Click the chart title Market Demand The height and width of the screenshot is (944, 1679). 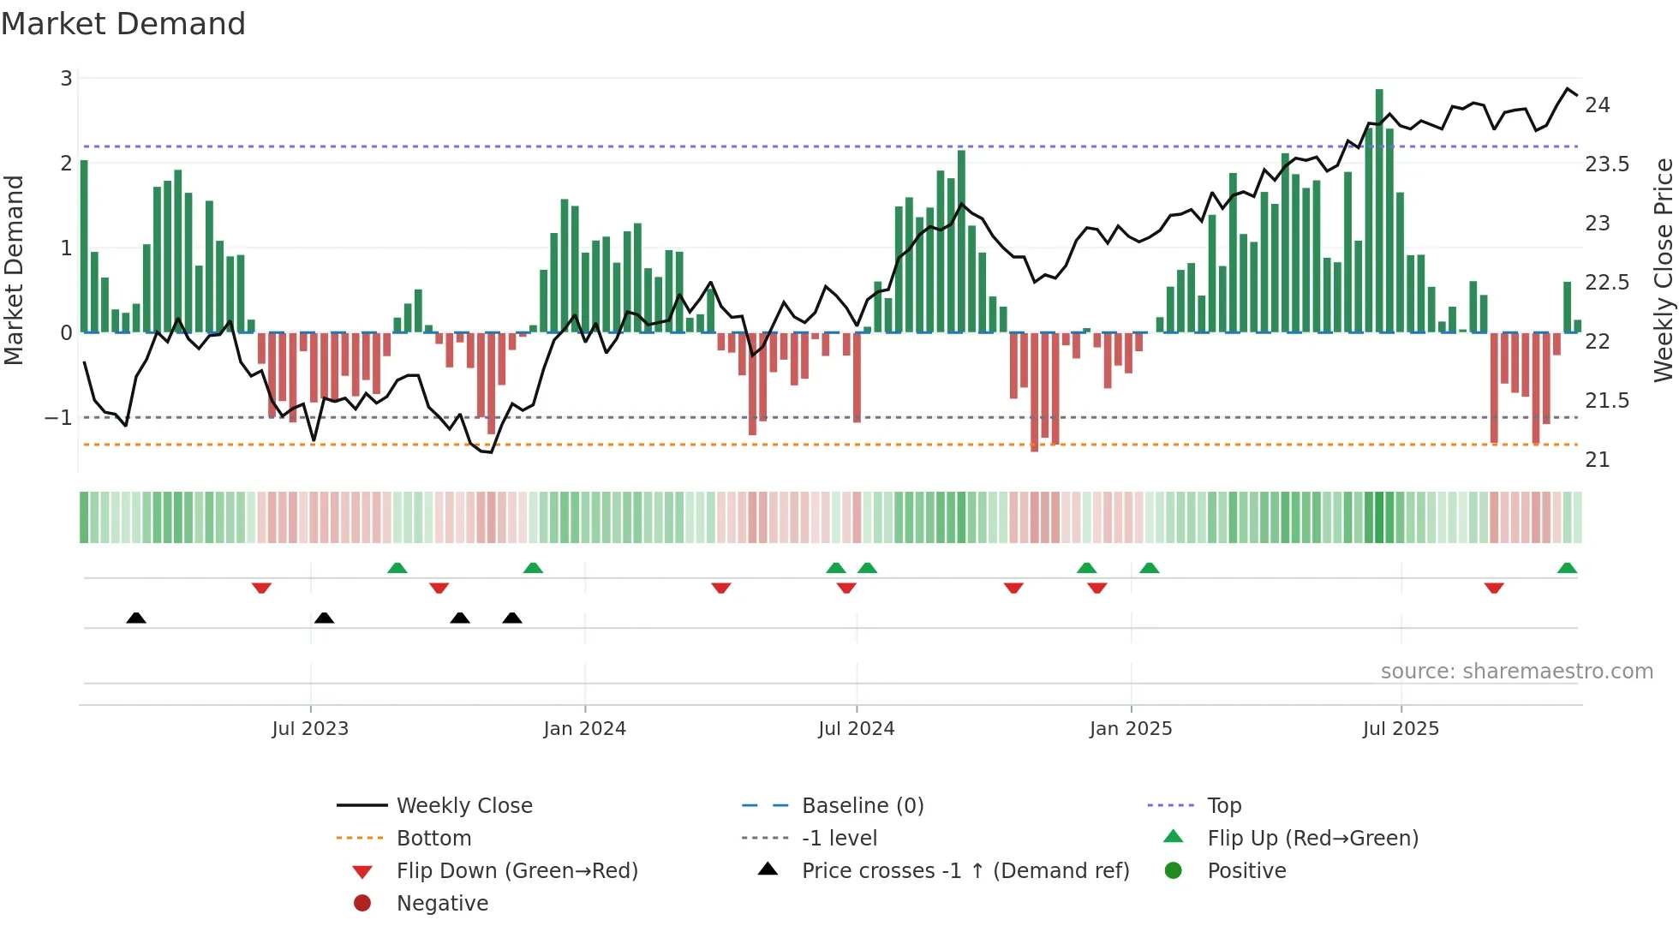[123, 24]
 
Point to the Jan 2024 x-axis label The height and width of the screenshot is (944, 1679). [584, 729]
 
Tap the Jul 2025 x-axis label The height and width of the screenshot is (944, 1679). [1401, 729]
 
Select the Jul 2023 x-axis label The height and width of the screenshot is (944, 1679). [310, 729]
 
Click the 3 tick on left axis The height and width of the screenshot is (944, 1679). [66, 79]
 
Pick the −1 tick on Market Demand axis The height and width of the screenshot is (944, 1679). [58, 418]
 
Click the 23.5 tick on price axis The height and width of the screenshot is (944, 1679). [1607, 164]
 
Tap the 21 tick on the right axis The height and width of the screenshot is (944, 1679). [1597, 460]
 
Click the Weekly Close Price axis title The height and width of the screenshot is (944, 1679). [1663, 270]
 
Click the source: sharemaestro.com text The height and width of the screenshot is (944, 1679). [1516, 672]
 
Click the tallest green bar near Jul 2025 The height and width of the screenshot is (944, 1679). [1379, 210]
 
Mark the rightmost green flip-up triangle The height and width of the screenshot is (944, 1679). [1567, 568]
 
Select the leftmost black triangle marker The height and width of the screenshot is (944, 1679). [136, 618]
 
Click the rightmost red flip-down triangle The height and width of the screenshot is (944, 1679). [1494, 588]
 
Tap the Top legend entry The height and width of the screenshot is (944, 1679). [1223, 806]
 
